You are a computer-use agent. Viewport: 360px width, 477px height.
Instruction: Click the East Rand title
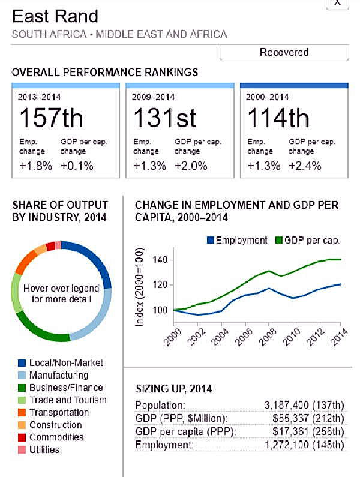click(55, 16)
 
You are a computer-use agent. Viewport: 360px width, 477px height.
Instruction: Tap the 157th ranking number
click(51, 118)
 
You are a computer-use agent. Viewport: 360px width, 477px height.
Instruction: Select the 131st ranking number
click(164, 118)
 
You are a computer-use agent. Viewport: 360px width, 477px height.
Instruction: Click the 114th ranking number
click(278, 118)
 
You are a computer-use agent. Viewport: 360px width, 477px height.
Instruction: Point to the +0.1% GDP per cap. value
click(77, 166)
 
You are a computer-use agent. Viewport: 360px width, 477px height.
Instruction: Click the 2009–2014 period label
click(154, 97)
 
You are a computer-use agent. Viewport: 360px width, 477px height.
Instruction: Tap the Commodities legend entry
click(56, 437)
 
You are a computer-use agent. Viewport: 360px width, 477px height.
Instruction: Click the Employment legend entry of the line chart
click(241, 241)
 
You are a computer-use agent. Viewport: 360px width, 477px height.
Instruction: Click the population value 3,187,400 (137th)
click(304, 405)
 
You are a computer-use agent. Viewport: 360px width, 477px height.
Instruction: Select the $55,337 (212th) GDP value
click(308, 418)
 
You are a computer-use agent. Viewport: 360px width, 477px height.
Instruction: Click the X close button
click(337, 3)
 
